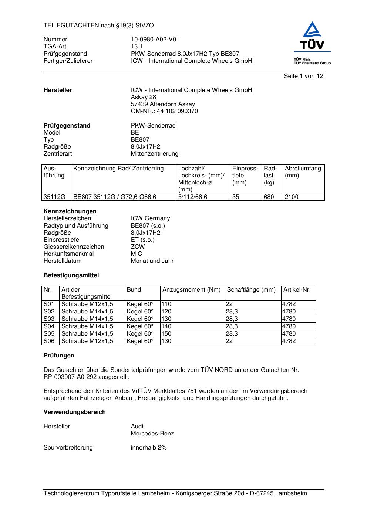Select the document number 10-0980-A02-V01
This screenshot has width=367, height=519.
tap(155, 40)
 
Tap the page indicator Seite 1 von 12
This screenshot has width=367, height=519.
tap(303, 76)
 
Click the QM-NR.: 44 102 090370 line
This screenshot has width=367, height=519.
tap(164, 111)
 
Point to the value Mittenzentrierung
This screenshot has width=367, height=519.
tap(154, 154)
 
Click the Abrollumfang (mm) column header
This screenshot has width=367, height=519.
tap(303, 172)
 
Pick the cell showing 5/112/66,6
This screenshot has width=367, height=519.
tap(192, 197)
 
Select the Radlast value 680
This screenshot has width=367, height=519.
tap(269, 197)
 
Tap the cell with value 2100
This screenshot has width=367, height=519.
tap(291, 197)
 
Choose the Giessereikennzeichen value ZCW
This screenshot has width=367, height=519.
tap(138, 247)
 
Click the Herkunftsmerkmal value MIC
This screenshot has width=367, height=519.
tap(136, 254)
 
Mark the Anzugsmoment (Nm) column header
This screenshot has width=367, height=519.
tap(191, 290)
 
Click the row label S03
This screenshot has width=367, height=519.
tap(49, 319)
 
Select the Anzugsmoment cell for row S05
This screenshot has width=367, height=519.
tap(166, 334)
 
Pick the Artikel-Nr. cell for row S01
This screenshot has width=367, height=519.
tap(289, 304)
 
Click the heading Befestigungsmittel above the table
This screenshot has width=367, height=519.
tap(71, 275)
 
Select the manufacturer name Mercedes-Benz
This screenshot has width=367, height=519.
tap(152, 434)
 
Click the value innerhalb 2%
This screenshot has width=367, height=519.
tap(148, 448)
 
